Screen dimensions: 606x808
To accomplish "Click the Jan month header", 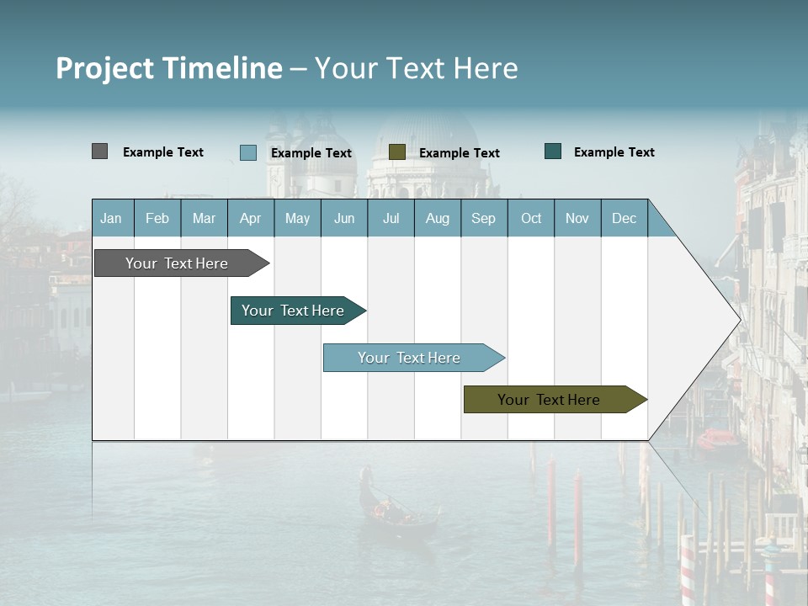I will pyautogui.click(x=111, y=218).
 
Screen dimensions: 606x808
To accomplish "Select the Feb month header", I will pyautogui.click(x=157, y=218).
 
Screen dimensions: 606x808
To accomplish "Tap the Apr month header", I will pyautogui.click(x=250, y=218).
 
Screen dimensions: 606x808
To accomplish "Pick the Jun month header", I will pyautogui.click(x=343, y=218).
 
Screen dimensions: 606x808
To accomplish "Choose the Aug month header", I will pyautogui.click(x=437, y=218).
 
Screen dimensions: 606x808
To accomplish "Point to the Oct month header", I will pyautogui.click(x=530, y=218).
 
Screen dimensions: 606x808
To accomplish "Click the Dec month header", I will pyautogui.click(x=624, y=218).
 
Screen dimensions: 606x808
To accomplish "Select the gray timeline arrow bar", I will pyautogui.click(x=178, y=263).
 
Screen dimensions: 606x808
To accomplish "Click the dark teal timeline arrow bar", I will pyautogui.click(x=294, y=311).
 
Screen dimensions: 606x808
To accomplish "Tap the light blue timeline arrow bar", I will pyautogui.click(x=410, y=358).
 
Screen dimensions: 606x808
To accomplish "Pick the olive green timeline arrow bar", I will pyautogui.click(x=550, y=400).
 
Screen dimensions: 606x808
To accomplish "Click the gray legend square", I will pyautogui.click(x=99, y=151).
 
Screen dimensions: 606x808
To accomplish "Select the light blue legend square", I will pyautogui.click(x=247, y=152).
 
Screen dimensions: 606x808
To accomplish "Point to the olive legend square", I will pyautogui.click(x=397, y=151).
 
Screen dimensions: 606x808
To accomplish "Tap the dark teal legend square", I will pyautogui.click(x=553, y=151).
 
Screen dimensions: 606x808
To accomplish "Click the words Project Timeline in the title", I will pyautogui.click(x=168, y=68).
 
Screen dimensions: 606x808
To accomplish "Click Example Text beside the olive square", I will pyautogui.click(x=459, y=152).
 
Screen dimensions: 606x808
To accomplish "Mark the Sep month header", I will pyautogui.click(x=483, y=218).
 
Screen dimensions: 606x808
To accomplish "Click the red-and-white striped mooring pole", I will pyautogui.click(x=688, y=572).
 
